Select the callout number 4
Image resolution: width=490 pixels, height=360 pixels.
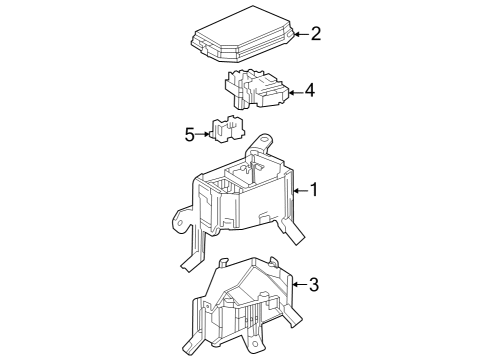tap(310, 91)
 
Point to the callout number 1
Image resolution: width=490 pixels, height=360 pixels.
tap(314, 189)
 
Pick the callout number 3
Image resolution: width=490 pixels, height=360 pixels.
tap(313, 285)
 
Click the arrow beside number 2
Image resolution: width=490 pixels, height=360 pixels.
tap(301, 35)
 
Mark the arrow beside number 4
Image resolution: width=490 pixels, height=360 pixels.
tap(295, 91)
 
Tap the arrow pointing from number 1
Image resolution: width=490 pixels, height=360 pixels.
tap(299, 189)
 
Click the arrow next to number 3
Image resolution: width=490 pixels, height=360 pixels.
tap(298, 285)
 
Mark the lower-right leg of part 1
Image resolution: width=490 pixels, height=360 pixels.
tap(298, 236)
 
